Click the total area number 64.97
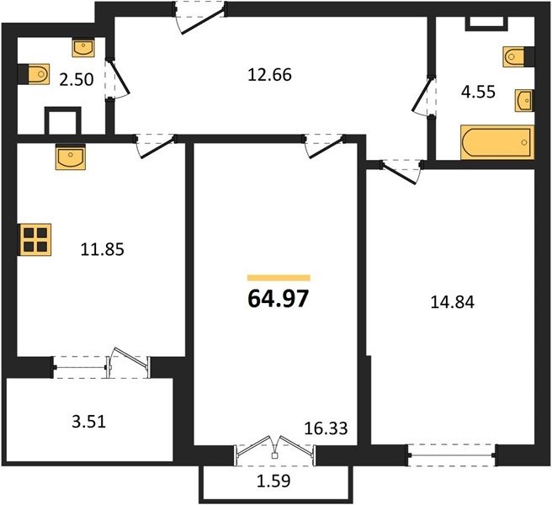(x=279, y=299)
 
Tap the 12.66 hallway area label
(x=269, y=75)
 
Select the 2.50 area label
(x=77, y=80)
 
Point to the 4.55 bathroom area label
(x=479, y=92)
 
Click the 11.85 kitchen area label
(x=103, y=250)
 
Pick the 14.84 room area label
(x=453, y=302)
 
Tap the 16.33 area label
(x=326, y=428)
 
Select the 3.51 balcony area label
(x=88, y=422)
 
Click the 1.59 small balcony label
(x=273, y=481)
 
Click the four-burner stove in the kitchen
(x=35, y=240)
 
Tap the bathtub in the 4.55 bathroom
(x=497, y=142)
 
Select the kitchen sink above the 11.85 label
(x=71, y=157)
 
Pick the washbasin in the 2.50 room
(x=83, y=47)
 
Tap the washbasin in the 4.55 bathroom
(x=524, y=101)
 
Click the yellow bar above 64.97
(x=279, y=278)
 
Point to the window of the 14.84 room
(x=452, y=455)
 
